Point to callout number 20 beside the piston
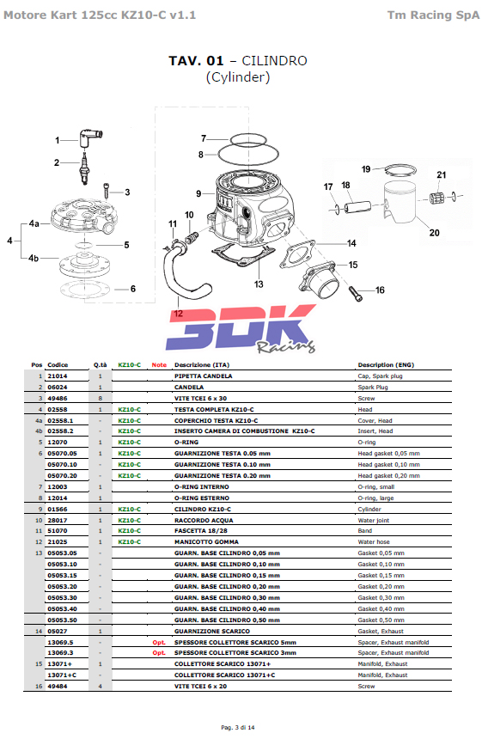click(x=434, y=232)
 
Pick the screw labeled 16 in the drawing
click(x=356, y=293)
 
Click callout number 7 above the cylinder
click(x=204, y=138)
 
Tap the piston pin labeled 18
click(x=357, y=207)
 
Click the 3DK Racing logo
click(x=241, y=328)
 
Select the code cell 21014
click(x=58, y=376)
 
